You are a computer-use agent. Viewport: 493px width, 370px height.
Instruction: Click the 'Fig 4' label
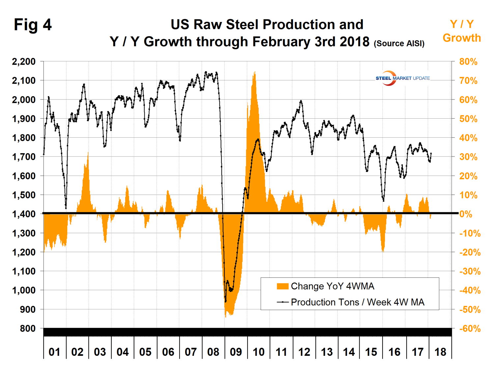click(x=33, y=25)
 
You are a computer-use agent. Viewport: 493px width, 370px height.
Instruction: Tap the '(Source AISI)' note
click(x=399, y=43)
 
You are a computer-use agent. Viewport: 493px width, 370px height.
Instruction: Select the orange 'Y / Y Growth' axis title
click(x=461, y=31)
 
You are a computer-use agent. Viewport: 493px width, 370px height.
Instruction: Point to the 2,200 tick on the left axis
click(x=24, y=62)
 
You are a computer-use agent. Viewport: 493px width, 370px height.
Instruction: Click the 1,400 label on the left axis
click(x=24, y=214)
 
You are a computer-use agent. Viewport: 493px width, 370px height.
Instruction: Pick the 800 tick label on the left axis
click(x=28, y=328)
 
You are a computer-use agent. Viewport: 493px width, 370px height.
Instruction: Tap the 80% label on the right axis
click(x=468, y=62)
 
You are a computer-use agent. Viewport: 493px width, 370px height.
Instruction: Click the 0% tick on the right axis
click(x=466, y=214)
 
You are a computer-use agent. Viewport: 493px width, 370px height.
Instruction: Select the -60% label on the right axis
click(x=470, y=328)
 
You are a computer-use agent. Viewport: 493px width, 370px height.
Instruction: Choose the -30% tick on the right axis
click(x=470, y=271)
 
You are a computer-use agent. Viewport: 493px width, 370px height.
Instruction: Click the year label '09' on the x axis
click(x=236, y=352)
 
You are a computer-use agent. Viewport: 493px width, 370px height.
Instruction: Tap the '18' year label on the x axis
click(x=440, y=352)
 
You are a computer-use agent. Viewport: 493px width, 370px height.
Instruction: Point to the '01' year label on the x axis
click(x=54, y=352)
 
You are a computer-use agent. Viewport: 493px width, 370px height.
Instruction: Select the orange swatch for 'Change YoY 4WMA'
click(x=282, y=286)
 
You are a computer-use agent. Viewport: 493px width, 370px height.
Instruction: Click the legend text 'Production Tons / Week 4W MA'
click(x=358, y=302)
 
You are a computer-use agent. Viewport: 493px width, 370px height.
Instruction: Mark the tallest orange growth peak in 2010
click(x=254, y=72)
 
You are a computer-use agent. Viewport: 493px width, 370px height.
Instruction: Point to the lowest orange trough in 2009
click(x=226, y=316)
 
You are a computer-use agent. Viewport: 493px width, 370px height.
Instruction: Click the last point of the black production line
click(x=431, y=153)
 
